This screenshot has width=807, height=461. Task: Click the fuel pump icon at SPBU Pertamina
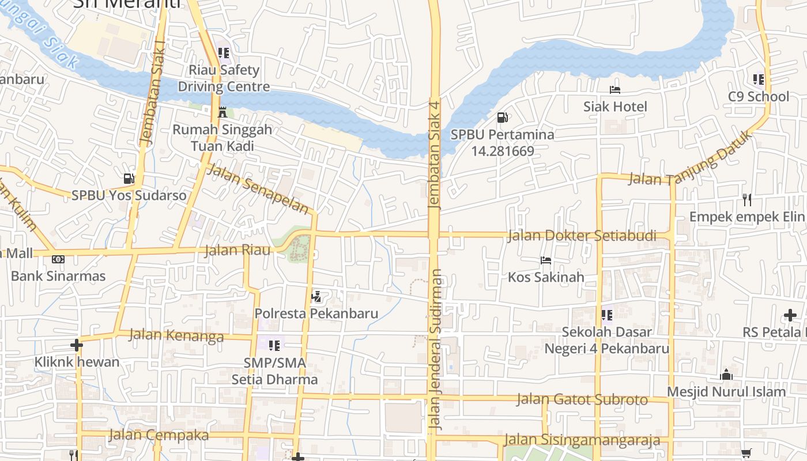(503, 118)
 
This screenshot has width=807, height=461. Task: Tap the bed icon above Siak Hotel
(615, 90)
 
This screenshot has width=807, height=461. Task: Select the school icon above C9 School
(758, 80)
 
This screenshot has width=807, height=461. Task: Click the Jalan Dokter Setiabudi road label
(582, 236)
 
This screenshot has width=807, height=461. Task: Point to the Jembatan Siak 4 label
(435, 154)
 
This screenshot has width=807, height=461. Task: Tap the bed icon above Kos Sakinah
(545, 260)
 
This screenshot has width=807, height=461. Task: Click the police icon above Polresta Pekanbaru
(316, 297)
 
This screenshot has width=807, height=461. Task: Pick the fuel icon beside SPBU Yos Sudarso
(129, 179)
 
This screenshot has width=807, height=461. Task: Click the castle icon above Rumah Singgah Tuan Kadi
(223, 112)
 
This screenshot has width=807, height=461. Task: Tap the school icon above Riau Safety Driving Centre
(224, 53)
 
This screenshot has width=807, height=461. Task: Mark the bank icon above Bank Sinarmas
(58, 259)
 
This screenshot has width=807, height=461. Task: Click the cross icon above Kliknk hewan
(76, 345)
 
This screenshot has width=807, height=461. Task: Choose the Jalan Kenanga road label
(176, 335)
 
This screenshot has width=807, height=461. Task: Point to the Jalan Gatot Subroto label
(582, 399)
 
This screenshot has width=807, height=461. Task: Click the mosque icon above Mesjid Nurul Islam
(726, 375)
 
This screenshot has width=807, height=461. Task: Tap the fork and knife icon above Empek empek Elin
(747, 200)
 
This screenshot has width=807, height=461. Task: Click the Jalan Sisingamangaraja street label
(582, 440)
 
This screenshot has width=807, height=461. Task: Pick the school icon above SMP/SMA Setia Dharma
(274, 346)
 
